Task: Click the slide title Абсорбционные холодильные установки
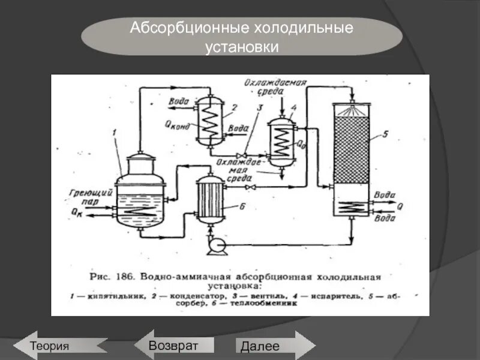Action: pos(241,37)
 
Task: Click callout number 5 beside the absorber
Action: pos(385,134)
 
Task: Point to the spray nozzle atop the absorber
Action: pos(353,110)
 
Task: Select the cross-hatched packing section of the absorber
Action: pos(353,150)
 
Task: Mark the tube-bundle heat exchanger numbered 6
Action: pos(209,200)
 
